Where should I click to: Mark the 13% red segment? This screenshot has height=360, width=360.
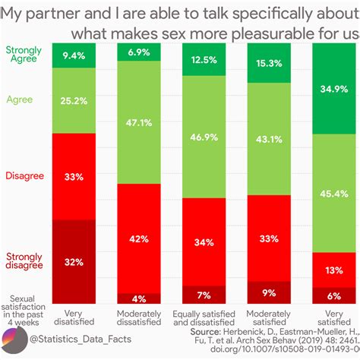click(x=334, y=270)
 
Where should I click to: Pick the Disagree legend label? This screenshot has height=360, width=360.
click(x=24, y=175)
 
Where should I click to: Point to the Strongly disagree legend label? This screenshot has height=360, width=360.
click(x=24, y=261)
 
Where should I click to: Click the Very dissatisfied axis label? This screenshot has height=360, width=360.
click(x=74, y=317)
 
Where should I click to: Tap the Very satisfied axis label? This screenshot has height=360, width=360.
click(x=334, y=317)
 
